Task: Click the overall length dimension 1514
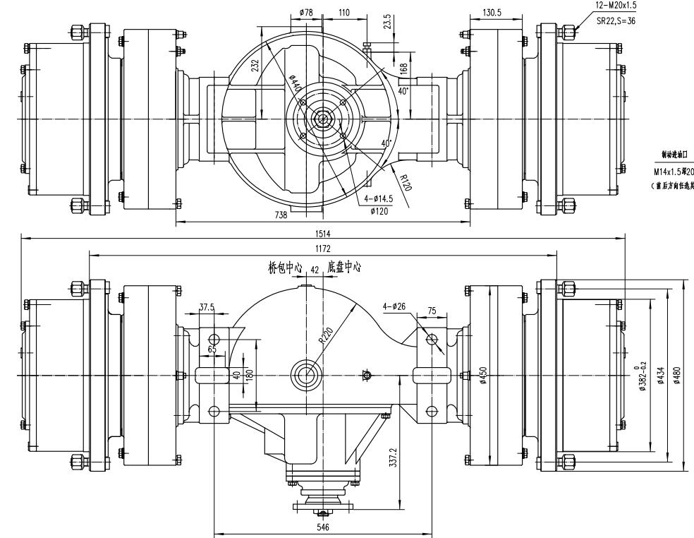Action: tap(326, 233)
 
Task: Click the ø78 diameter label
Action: tap(306, 12)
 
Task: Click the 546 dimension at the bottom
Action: tap(324, 525)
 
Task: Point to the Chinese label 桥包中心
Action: tap(284, 269)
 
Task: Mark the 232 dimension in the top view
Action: tap(255, 67)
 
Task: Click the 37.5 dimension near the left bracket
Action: tap(207, 308)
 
